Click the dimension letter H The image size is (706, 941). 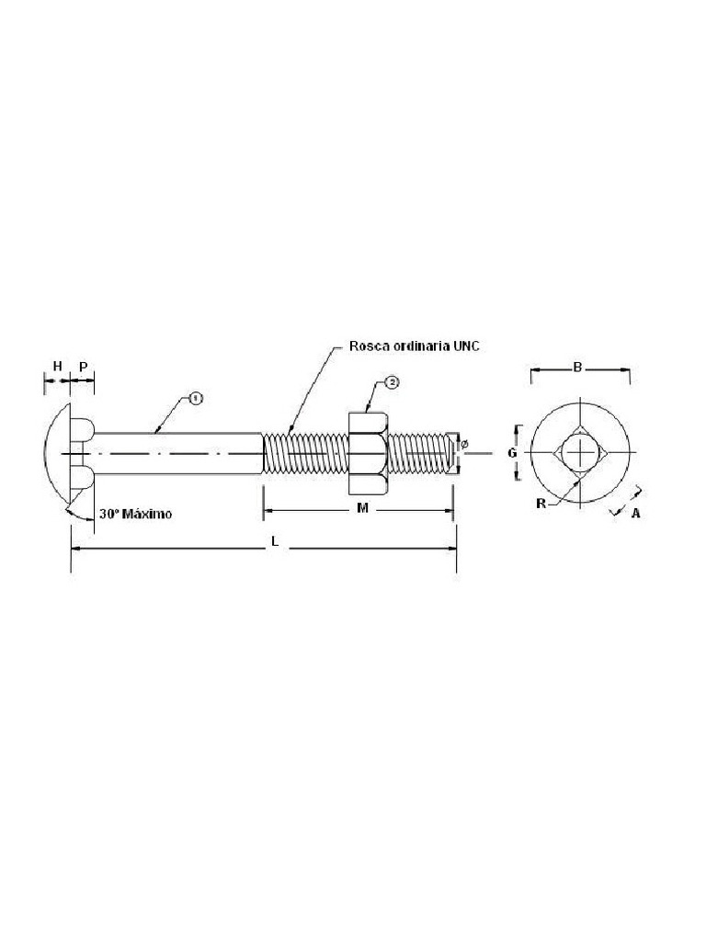pyautogui.click(x=57, y=366)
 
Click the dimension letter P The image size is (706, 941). pyautogui.click(x=83, y=366)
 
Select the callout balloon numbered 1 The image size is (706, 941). pyautogui.click(x=195, y=398)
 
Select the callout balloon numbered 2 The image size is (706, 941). pyautogui.click(x=392, y=381)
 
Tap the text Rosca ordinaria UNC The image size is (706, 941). pyautogui.click(x=414, y=346)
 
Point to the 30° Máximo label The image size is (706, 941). pyautogui.click(x=134, y=514)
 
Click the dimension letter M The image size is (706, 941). pyautogui.click(x=362, y=508)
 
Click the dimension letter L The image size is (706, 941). pyautogui.click(x=274, y=543)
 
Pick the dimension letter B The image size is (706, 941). pyautogui.click(x=578, y=368)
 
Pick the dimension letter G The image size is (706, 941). pyautogui.click(x=513, y=452)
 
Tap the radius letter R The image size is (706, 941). pyautogui.click(x=541, y=503)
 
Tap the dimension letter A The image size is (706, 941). pyautogui.click(x=634, y=513)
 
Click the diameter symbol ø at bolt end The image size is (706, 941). pyautogui.click(x=464, y=445)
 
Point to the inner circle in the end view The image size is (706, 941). pyautogui.click(x=579, y=453)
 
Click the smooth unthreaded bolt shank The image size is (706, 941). pyautogui.click(x=175, y=452)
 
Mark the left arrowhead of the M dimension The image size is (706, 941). pyautogui.click(x=268, y=512)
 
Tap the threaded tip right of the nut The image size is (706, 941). pyautogui.click(x=423, y=452)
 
